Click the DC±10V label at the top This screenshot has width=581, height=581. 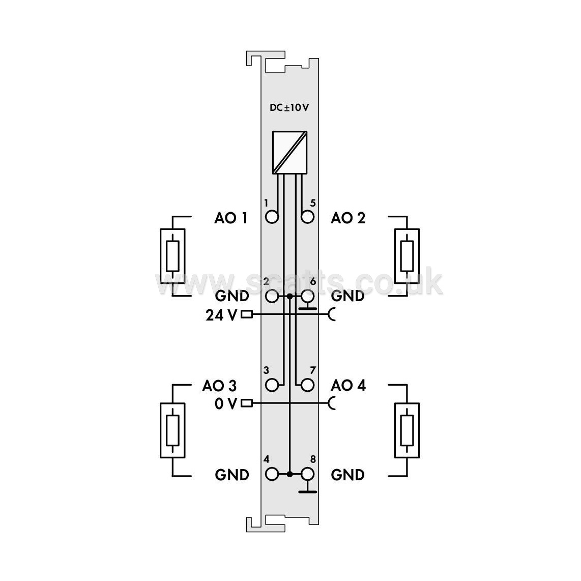click(x=289, y=107)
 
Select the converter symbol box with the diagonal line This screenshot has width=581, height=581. click(x=290, y=152)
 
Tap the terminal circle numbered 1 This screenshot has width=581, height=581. click(x=272, y=217)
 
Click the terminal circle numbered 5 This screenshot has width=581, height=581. click(x=308, y=217)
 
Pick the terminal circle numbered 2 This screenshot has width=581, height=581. click(x=272, y=297)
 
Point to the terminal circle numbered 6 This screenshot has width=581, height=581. click(x=308, y=297)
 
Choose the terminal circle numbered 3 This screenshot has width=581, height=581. click(x=272, y=385)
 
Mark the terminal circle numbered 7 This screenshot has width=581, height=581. click(x=308, y=385)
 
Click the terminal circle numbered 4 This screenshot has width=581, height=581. click(x=272, y=474)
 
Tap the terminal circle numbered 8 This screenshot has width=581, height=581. click(x=308, y=474)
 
